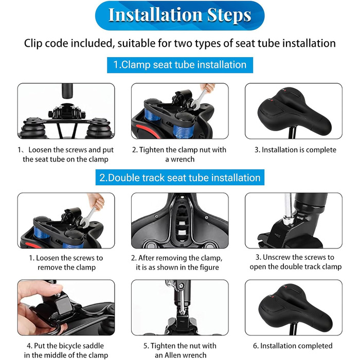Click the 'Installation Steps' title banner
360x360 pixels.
coord(180,15)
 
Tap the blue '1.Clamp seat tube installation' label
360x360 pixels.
coord(180,65)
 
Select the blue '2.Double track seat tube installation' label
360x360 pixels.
coord(180,177)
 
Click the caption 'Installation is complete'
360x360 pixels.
coord(299,150)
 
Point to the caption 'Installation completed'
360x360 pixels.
coord(296,346)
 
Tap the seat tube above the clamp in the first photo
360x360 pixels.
coord(67,91)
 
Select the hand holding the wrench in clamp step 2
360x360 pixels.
coord(208,88)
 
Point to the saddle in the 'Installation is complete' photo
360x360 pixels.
coord(294,111)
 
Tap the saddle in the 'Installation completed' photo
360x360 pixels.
coord(295,308)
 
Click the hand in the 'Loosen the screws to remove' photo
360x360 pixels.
coord(97,201)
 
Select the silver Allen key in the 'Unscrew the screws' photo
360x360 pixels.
coord(287,209)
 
